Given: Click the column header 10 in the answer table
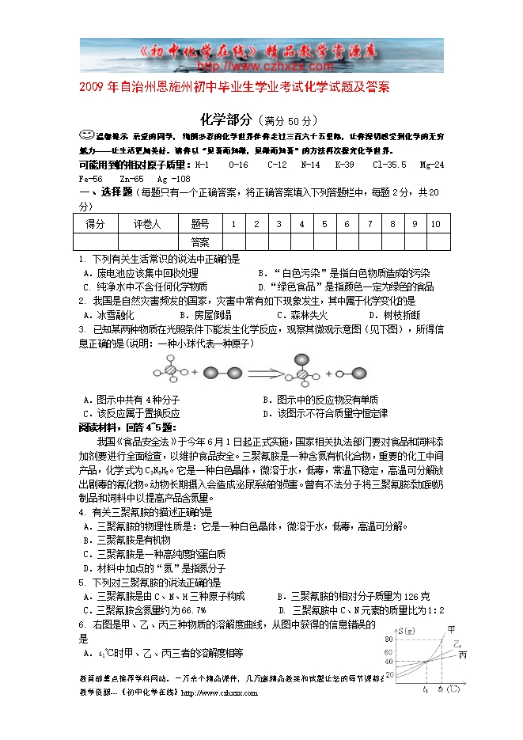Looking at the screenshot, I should click(435, 224).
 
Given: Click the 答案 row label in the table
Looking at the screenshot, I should click(200, 241).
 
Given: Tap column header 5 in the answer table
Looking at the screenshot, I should click(324, 224).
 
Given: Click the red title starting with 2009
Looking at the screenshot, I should click(234, 85).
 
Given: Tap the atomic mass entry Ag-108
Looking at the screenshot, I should click(172, 179).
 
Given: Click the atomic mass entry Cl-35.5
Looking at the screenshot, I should click(388, 165).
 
